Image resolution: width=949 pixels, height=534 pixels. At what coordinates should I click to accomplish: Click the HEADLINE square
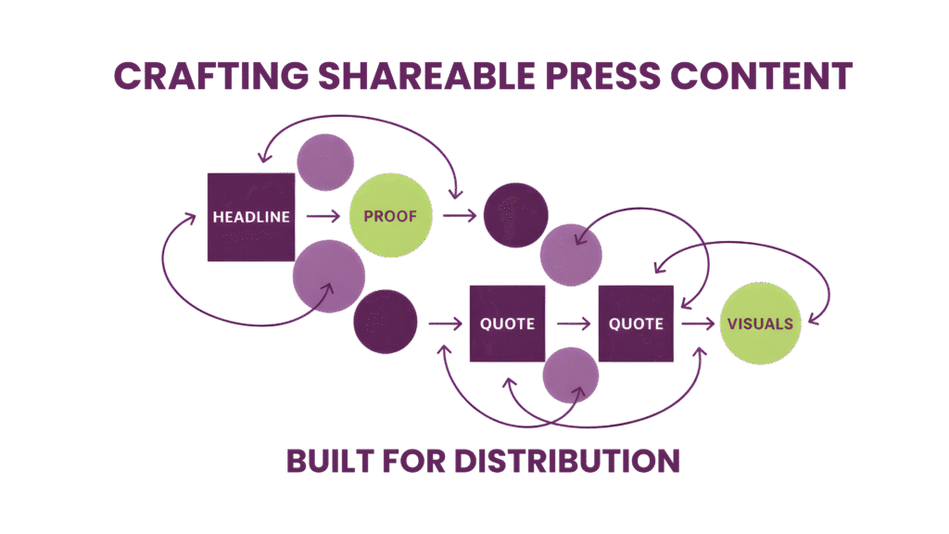[x=251, y=217]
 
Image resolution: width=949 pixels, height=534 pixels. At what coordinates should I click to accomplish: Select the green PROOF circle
[x=390, y=217]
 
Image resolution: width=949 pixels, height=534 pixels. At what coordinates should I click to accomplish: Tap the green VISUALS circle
[x=761, y=324]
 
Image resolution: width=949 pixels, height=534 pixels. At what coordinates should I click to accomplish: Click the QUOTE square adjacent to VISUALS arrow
[x=636, y=324]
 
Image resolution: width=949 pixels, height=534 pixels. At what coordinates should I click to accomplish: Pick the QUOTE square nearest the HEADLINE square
[x=507, y=324]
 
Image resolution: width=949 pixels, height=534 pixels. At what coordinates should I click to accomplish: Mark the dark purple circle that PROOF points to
[x=516, y=215]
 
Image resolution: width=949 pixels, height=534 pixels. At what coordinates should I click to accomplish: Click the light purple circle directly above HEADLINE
[x=325, y=161]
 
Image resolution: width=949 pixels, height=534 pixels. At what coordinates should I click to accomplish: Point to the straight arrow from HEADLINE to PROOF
[x=322, y=217]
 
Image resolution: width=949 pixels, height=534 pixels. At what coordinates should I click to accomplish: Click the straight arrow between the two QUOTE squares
[x=571, y=324]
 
